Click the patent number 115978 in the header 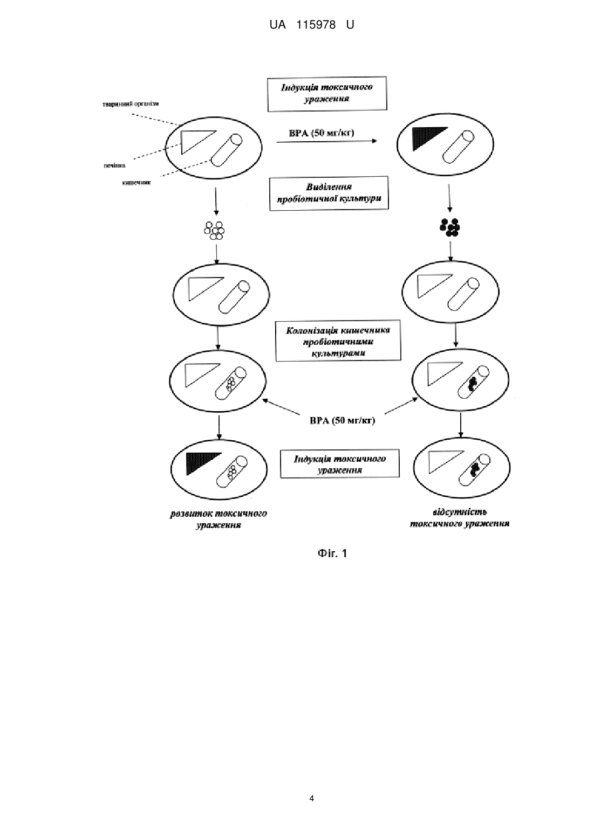[x=316, y=25]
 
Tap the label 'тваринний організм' [x=131, y=104]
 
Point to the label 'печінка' [x=114, y=165]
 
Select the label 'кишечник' [x=136, y=183]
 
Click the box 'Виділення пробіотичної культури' [x=329, y=193]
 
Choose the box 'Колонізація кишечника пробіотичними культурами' [x=338, y=341]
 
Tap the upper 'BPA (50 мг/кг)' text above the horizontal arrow [x=322, y=133]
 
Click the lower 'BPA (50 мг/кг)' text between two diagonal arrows [x=343, y=420]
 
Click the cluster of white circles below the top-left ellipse [x=214, y=230]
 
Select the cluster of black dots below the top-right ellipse [x=450, y=227]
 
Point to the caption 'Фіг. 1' [x=332, y=553]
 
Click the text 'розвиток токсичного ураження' [x=219, y=519]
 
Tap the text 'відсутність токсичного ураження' [x=459, y=517]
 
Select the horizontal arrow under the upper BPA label [x=326, y=141]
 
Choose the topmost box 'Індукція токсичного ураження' [x=327, y=94]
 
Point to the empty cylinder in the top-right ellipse [x=458, y=147]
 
